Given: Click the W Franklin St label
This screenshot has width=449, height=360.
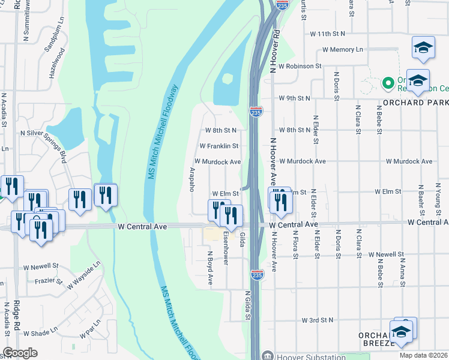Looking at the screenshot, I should (x=219, y=146).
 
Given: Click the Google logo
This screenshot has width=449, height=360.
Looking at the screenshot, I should (x=20, y=353).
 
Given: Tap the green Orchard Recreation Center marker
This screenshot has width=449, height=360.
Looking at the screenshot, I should (x=387, y=82).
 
